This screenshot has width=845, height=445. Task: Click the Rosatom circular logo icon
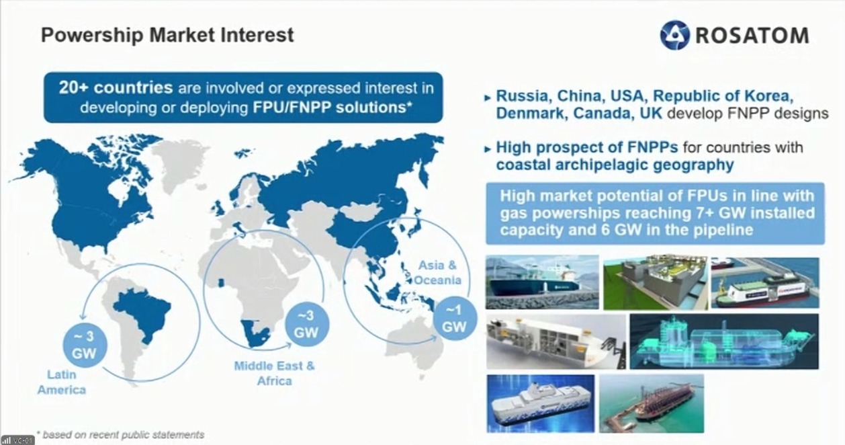pos(675,35)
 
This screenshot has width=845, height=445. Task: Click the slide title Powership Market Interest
pos(167,35)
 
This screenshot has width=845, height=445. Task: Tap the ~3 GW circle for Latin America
pos(85,346)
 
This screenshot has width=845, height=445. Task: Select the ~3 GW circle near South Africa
pos(306,324)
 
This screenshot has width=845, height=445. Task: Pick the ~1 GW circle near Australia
pos(454,318)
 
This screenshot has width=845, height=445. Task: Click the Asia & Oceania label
pos(437,272)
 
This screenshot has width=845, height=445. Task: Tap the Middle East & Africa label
pos(274,373)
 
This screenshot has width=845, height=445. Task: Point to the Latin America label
pos(62,382)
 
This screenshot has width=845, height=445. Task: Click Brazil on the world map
pos(143,313)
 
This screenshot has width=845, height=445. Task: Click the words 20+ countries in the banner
pos(116,88)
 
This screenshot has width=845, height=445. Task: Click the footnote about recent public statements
pos(121,435)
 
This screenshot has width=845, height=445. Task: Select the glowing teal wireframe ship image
pos(724,341)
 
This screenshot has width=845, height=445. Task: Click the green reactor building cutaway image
pos(656,282)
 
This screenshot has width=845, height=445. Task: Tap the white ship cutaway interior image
pos(555,341)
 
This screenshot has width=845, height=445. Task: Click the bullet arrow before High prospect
pos(488,149)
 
